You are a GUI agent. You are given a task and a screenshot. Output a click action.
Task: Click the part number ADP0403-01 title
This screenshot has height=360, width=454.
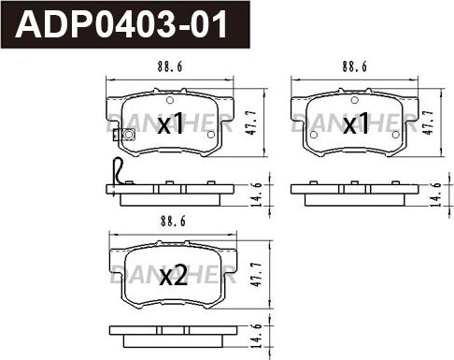pos(121,24)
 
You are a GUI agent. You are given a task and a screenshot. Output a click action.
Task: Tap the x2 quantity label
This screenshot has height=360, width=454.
pos(173,276)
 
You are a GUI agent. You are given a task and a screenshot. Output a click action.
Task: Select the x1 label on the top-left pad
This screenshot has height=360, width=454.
pos(170,123)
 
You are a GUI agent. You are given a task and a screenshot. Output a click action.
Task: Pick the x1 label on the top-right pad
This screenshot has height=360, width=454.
pos(356,123)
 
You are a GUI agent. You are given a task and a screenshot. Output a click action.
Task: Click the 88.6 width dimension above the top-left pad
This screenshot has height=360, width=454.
pos(170,66)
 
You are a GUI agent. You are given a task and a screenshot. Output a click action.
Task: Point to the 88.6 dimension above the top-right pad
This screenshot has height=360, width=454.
pos(355,66)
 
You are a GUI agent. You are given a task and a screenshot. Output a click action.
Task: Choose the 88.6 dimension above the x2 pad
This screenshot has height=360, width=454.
pos(173,222)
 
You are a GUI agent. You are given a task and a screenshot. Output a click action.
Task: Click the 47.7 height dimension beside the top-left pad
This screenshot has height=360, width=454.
pos(251,122)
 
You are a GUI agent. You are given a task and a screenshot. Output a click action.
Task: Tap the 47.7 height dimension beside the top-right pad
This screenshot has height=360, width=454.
pos(428,122)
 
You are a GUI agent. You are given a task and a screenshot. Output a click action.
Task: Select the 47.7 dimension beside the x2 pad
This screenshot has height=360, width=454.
pos(257,275)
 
